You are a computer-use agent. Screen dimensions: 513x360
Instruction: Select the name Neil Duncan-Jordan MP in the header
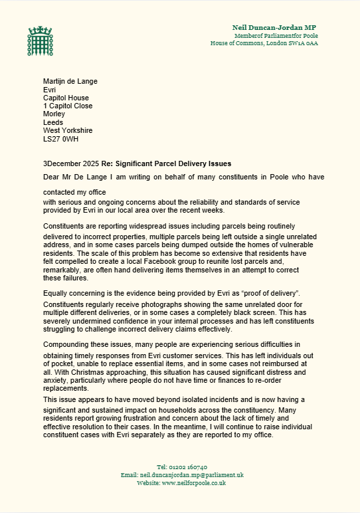pos(274,26)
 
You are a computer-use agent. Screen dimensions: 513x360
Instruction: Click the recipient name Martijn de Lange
pos(70,82)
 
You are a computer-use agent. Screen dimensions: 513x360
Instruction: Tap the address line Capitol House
pos(66,98)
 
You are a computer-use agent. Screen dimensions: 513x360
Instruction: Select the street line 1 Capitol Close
pos(68,106)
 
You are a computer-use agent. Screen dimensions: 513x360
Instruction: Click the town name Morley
pos(54,114)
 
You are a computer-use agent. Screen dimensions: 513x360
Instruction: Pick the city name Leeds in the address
pos(53,122)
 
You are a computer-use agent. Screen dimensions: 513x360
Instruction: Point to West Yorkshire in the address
pos(68,130)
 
